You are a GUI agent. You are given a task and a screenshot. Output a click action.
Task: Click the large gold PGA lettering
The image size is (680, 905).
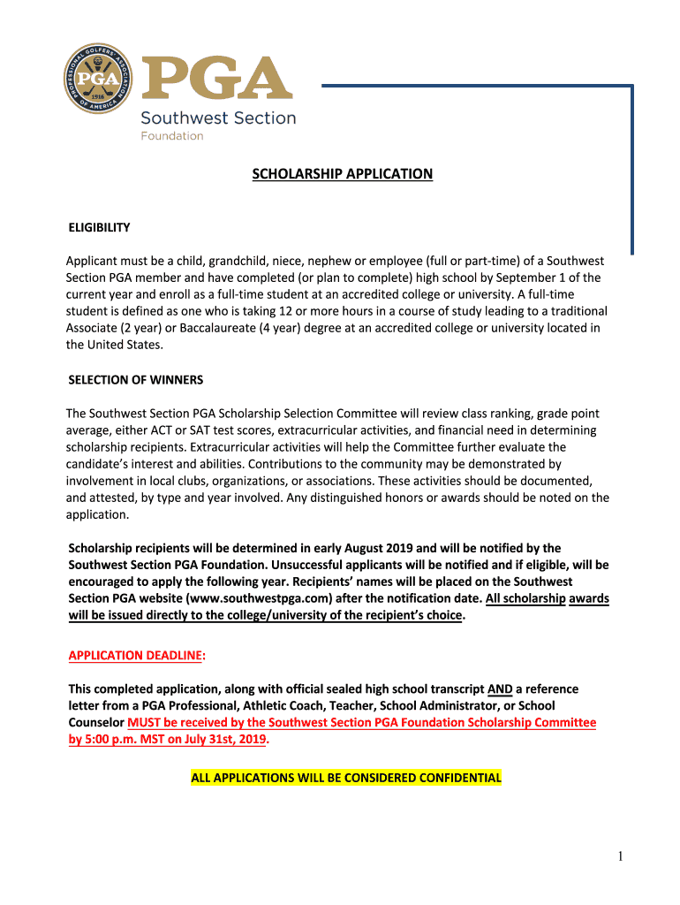[216, 80]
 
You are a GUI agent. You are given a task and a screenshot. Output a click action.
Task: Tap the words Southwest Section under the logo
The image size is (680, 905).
[218, 118]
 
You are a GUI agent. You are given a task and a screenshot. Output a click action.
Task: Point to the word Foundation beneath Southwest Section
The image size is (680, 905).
[172, 136]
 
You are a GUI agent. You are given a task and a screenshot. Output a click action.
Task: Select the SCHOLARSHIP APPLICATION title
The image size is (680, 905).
[343, 174]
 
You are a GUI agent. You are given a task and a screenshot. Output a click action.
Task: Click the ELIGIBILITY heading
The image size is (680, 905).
[100, 227]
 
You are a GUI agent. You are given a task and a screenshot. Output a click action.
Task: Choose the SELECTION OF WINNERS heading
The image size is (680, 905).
[136, 380]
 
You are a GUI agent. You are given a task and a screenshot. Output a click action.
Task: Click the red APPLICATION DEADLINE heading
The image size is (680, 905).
[136, 655]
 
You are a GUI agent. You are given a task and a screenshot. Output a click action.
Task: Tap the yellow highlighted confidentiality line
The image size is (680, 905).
[346, 778]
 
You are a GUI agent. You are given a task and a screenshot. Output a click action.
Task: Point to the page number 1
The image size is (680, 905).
[621, 856]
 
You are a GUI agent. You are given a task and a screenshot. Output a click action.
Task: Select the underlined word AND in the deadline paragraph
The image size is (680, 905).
[499, 688]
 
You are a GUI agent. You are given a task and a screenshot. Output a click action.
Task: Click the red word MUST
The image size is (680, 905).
[145, 722]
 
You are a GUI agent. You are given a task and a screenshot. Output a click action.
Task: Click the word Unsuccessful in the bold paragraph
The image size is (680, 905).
[314, 565]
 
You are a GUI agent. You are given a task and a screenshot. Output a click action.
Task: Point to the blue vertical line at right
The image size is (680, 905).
[631, 168]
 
